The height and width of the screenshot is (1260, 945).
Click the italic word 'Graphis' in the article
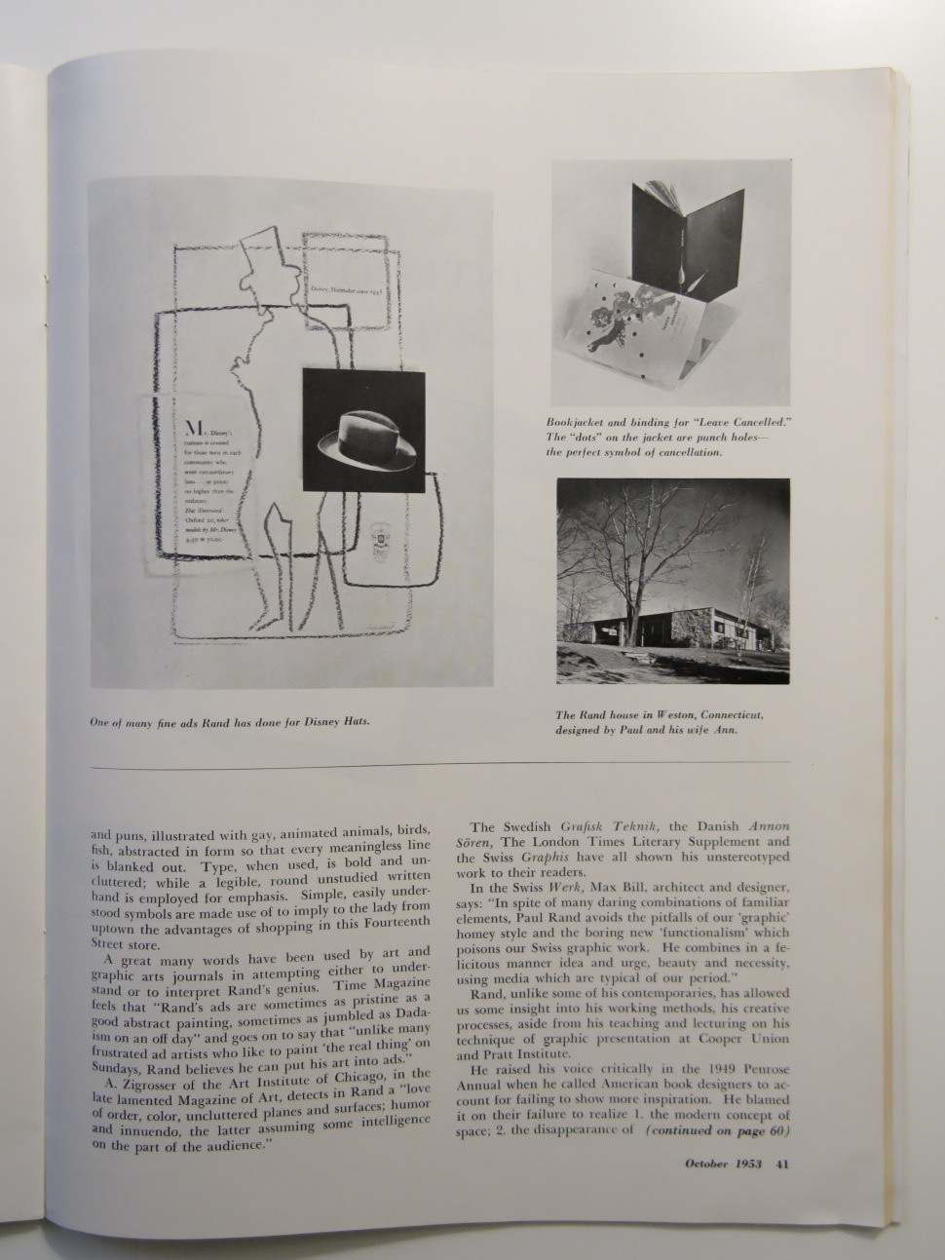click(x=556, y=858)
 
